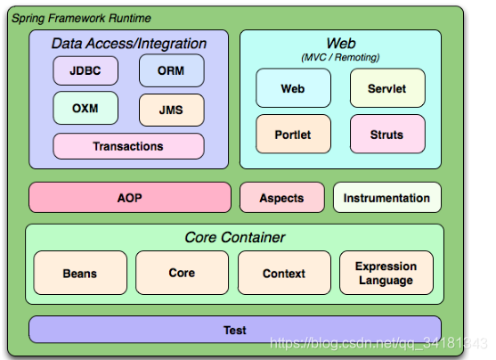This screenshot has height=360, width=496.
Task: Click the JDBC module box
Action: pyautogui.click(x=85, y=70)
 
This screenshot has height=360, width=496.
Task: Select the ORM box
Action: pyautogui.click(x=172, y=70)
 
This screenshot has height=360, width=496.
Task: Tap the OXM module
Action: pyautogui.click(x=85, y=108)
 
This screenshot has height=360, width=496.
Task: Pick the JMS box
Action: pyautogui.click(x=172, y=110)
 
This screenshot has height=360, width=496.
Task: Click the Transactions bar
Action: pyautogui.click(x=128, y=146)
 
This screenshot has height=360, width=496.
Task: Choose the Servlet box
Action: pyautogui.click(x=387, y=88)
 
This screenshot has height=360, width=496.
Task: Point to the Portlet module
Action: pyautogui.click(x=293, y=134)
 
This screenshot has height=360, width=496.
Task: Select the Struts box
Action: pyautogui.click(x=387, y=134)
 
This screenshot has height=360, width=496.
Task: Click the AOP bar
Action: pyautogui.click(x=130, y=197)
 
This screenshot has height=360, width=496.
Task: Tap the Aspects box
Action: pyautogui.click(x=282, y=197)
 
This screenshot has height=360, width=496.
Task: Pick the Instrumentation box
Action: pyautogui.click(x=386, y=197)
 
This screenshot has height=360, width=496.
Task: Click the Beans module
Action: pyautogui.click(x=80, y=273)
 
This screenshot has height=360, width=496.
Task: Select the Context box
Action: pyautogui.click(x=284, y=273)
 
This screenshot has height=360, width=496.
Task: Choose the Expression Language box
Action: pyautogui.click(x=386, y=273)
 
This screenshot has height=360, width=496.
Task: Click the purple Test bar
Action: pyautogui.click(x=235, y=330)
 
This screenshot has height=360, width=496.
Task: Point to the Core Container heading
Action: pyautogui.click(x=235, y=237)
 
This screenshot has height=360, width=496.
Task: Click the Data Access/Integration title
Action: pyautogui.click(x=129, y=44)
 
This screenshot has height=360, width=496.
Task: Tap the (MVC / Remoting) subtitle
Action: pyautogui.click(x=340, y=57)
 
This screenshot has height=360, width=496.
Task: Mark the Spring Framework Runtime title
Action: pyautogui.click(x=81, y=18)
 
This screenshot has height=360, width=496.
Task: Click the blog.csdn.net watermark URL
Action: pyautogui.click(x=378, y=343)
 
